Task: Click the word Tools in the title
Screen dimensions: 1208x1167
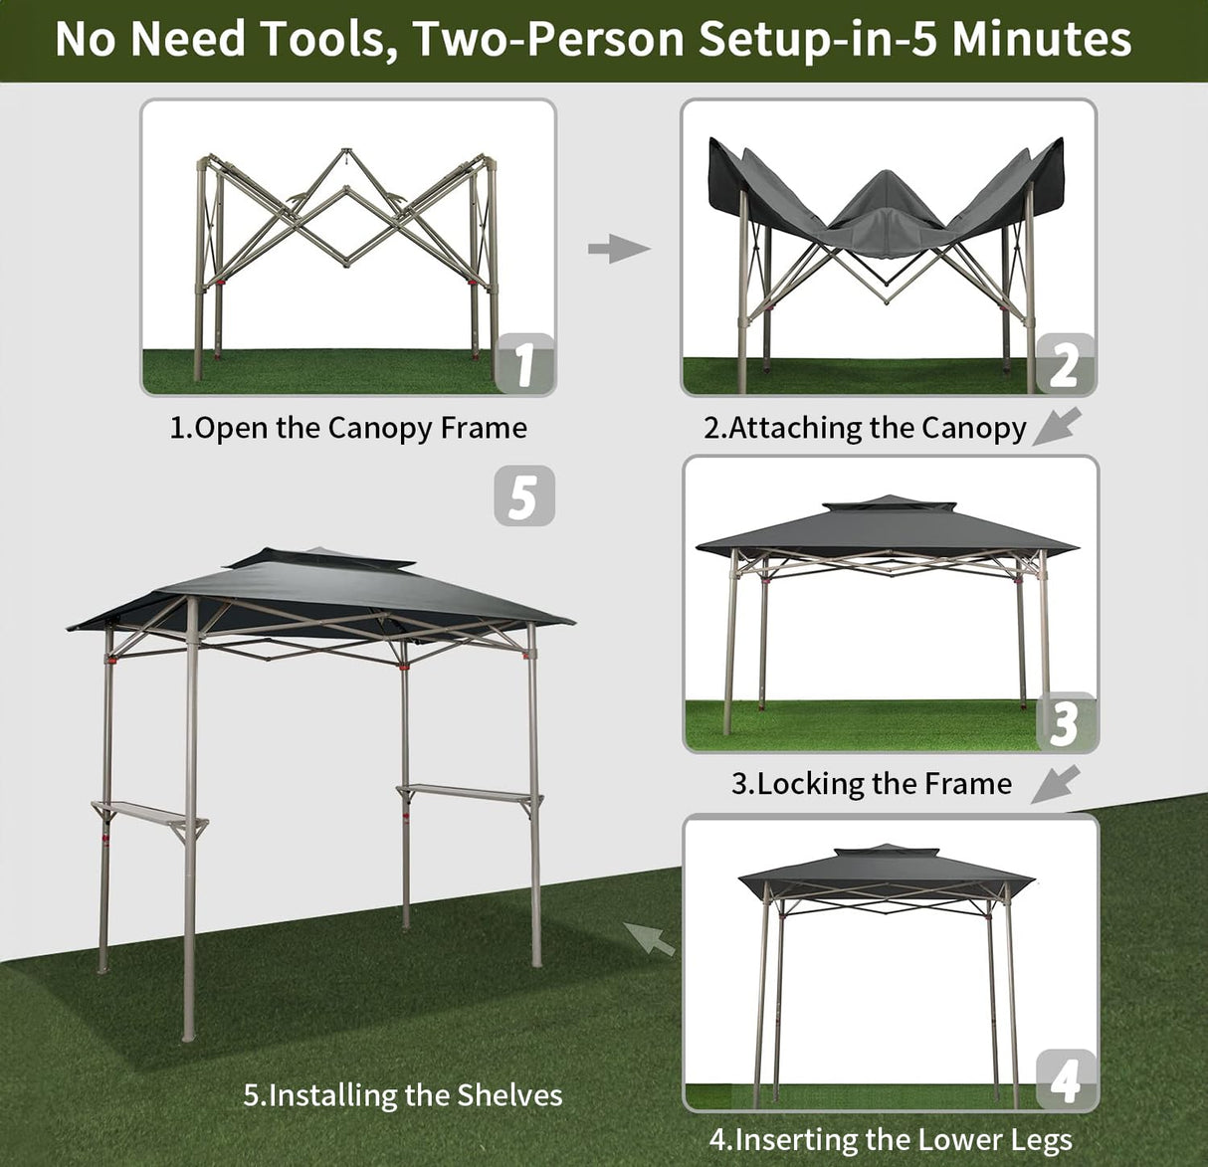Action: pos(323,39)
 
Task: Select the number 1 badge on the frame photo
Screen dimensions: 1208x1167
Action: pos(524,363)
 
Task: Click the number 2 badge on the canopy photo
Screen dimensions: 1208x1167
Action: pos(1064,363)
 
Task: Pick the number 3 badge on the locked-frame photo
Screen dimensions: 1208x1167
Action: pos(1064,721)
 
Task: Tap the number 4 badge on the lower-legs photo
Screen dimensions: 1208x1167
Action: pos(1065,1078)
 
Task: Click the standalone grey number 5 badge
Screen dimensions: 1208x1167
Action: pos(523,496)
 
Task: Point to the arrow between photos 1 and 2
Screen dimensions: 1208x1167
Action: pos(618,248)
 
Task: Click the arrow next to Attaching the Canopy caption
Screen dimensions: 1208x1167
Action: pos(1057,426)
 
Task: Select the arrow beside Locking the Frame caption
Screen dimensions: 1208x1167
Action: pos(1055,783)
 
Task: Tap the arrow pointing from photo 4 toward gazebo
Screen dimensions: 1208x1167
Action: pos(649,937)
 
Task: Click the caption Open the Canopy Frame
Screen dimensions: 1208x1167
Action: pos(348,428)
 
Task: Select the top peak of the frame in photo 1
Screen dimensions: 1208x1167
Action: pos(346,154)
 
